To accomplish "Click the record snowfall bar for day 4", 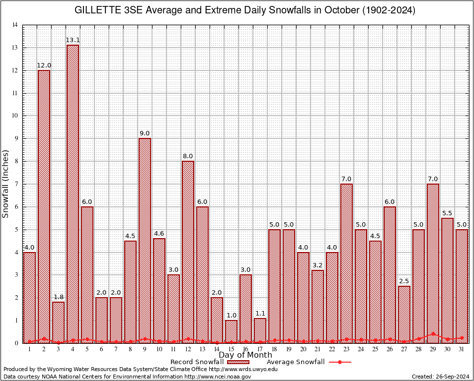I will point(73,193).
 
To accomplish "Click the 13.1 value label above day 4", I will point(73,40).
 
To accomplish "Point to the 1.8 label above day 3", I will point(58,297).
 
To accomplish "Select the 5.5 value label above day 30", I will point(447,213).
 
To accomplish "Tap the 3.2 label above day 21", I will point(317,265).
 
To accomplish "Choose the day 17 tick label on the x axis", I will point(260,349).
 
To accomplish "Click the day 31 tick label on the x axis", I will point(462,349).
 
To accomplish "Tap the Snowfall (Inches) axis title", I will point(6,184).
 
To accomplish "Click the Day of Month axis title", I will point(245,355).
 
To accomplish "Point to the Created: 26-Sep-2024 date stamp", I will point(441,377).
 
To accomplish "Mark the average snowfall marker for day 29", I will point(433,334).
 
